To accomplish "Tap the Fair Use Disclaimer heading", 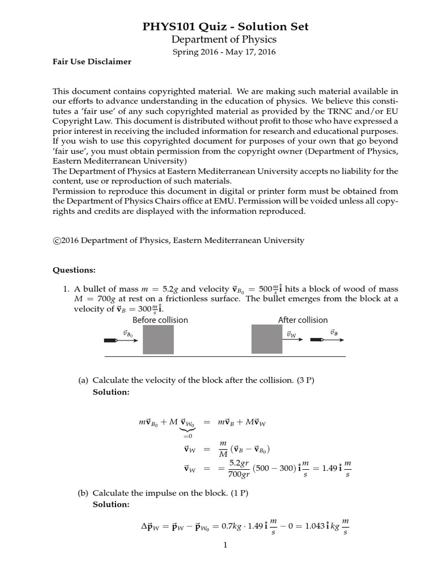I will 92,62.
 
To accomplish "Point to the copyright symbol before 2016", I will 56,240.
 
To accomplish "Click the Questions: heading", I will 74,270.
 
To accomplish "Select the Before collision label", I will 160,320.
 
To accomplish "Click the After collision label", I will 302,320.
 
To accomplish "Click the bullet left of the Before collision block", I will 110,340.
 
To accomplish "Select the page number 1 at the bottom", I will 225,546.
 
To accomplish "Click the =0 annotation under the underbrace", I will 187,436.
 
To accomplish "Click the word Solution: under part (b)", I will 111,504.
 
